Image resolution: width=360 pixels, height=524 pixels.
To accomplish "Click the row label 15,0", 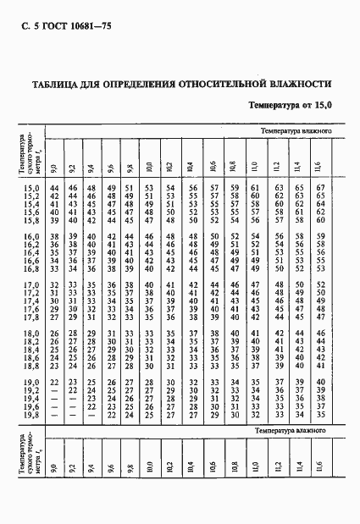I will tap(31, 187).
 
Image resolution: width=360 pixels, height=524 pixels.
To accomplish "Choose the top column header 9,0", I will tap(53, 167).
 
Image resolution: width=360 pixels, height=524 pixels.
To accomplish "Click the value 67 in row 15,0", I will tap(320, 187).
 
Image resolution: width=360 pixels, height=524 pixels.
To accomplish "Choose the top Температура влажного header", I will tap(293, 132).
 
